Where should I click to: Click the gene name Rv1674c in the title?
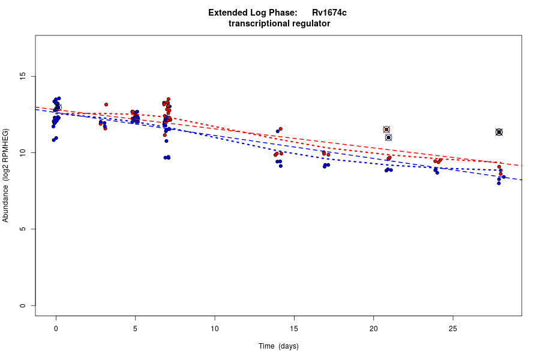329,13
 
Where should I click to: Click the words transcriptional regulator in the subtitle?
279,23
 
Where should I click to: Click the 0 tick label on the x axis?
56,328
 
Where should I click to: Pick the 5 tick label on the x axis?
135,328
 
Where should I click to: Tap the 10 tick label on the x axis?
215,328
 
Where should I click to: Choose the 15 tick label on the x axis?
294,328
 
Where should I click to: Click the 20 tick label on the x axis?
373,328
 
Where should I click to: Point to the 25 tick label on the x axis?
452,328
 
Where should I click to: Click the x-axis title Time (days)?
278,346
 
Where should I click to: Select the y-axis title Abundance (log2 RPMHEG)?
6,175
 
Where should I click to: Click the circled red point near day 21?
386,130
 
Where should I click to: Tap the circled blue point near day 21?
388,137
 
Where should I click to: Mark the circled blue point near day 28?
499,132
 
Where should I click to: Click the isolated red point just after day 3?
106,104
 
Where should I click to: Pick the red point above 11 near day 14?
280,129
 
